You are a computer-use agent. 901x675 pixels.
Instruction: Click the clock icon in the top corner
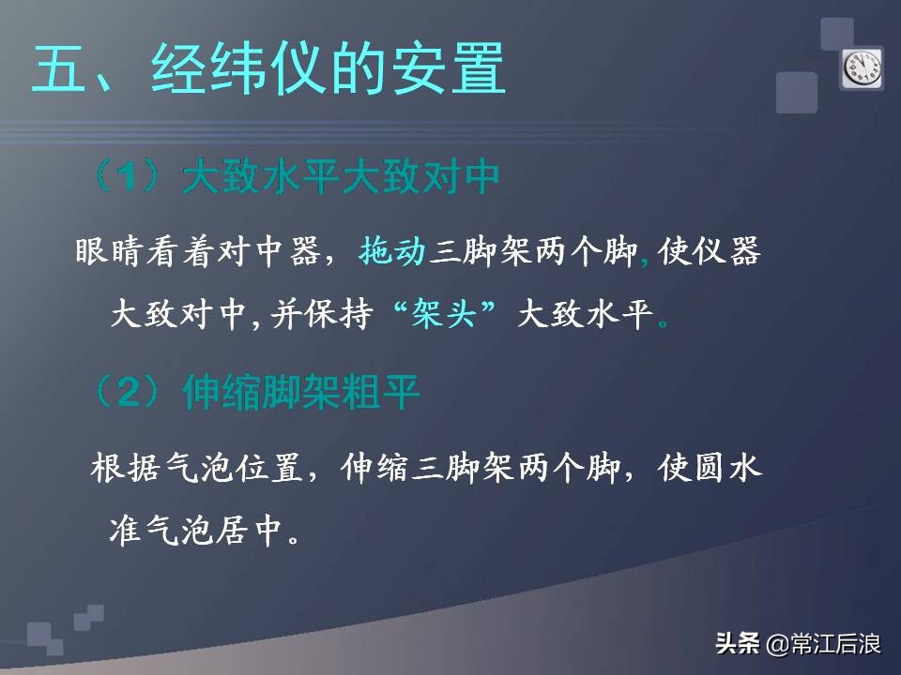(x=862, y=68)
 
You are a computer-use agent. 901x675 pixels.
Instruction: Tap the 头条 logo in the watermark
(x=738, y=644)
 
